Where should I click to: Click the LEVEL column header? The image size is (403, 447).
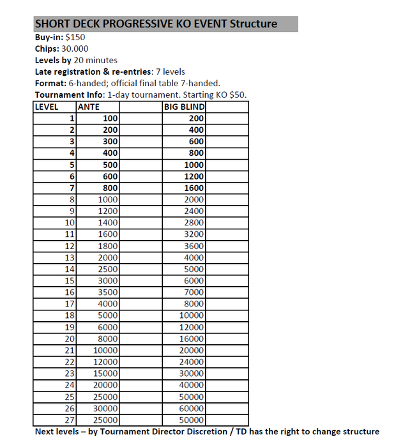(x=47, y=107)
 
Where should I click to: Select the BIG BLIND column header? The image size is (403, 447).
(x=183, y=107)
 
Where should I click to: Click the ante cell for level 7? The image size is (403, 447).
(x=109, y=188)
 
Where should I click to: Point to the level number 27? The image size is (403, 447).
(x=70, y=420)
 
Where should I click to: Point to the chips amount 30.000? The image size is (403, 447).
(x=75, y=49)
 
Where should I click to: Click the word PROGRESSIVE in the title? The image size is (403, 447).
(x=139, y=24)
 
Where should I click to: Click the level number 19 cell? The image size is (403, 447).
(x=70, y=327)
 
